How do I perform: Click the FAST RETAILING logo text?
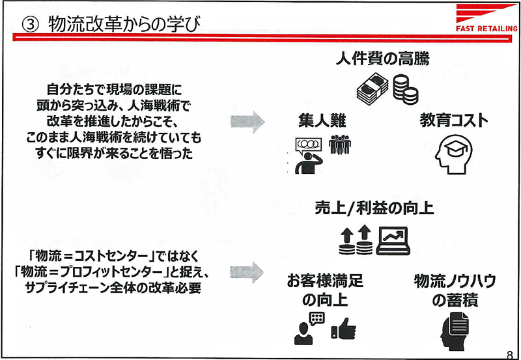pos(486,29)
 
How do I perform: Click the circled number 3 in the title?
pos(29,25)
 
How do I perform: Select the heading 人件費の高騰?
pos(382,59)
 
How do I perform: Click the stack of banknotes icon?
pos(372,88)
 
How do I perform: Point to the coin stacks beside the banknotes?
pos(405,89)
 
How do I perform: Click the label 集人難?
pos(322,120)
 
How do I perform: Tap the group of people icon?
pos(340,145)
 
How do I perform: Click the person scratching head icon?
pos(309,156)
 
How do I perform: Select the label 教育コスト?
pos(454,120)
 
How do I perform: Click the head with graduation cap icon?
pos(453,154)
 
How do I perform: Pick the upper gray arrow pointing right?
pos(247,122)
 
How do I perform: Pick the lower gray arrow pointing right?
pos(247,272)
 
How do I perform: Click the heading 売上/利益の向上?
pos(374,208)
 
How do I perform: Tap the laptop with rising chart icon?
pos(393,241)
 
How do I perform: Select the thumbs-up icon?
pos(344,329)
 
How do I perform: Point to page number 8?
pos(510,353)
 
